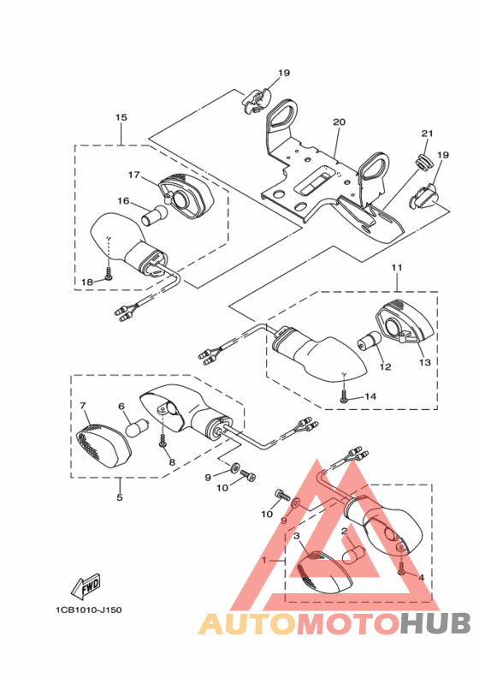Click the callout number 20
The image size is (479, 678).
pos(339,122)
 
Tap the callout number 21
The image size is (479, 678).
pos(427,134)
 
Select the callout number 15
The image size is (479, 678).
pos(121,117)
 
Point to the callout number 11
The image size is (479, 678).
pos(397,268)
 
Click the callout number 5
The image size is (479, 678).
pos(119,497)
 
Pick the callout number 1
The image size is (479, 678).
pos(264,560)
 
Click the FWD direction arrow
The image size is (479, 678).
pos(87,587)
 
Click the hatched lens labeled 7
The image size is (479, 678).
pos(102,444)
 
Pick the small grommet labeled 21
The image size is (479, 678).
pos(422,159)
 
